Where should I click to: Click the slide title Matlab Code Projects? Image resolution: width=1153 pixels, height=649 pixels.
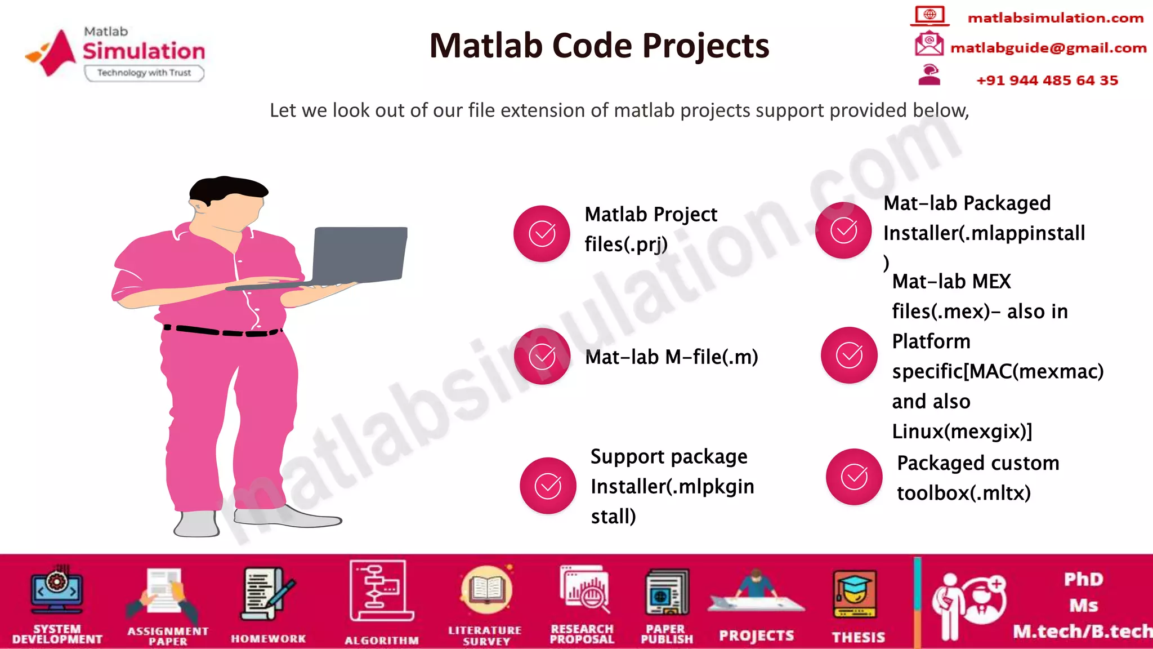click(x=599, y=46)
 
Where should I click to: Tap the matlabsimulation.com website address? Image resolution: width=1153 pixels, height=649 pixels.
click(x=1055, y=18)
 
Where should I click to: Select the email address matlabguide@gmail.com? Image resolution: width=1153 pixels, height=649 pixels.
click(x=1048, y=48)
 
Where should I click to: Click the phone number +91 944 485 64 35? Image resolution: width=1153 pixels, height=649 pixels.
click(x=1047, y=80)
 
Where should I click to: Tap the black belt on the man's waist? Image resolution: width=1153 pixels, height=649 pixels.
click(x=222, y=331)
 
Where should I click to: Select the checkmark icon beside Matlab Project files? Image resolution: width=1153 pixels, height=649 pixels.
click(x=542, y=233)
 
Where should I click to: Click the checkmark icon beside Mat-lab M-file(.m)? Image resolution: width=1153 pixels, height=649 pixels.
click(x=542, y=356)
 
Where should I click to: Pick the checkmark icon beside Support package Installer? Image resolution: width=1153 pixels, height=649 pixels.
click(x=548, y=486)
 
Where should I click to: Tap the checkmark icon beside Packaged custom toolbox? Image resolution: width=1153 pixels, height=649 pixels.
click(x=854, y=477)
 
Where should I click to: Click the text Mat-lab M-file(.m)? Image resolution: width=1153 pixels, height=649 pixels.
click(x=671, y=357)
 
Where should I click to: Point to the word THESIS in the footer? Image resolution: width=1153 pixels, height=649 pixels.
click(x=858, y=637)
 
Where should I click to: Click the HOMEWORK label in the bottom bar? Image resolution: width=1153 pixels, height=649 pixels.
click(x=268, y=639)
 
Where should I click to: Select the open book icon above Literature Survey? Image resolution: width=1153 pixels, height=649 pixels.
click(x=486, y=590)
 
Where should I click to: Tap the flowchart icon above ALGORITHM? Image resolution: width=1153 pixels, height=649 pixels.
click(x=381, y=590)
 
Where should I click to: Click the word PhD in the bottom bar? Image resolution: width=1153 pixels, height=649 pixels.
click(x=1083, y=579)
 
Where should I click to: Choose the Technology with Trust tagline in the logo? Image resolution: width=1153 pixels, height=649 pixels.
click(x=144, y=73)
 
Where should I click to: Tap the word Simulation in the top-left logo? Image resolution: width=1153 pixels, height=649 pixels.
click(x=144, y=51)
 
